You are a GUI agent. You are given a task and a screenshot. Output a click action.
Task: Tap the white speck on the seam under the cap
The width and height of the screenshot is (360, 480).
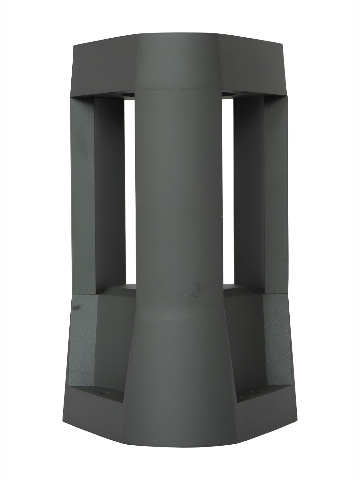(x=179, y=89)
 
